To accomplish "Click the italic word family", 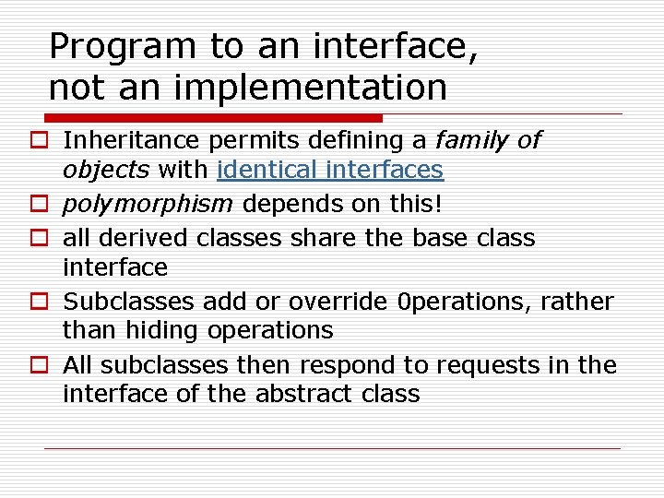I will click(471, 140).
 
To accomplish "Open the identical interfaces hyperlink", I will click(330, 171).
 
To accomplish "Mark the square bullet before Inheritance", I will click(46, 141).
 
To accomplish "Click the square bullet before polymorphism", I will click(46, 205).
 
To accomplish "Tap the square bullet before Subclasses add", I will click(46, 302).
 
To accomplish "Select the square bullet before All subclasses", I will click(46, 366).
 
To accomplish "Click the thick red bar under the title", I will click(212, 118).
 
